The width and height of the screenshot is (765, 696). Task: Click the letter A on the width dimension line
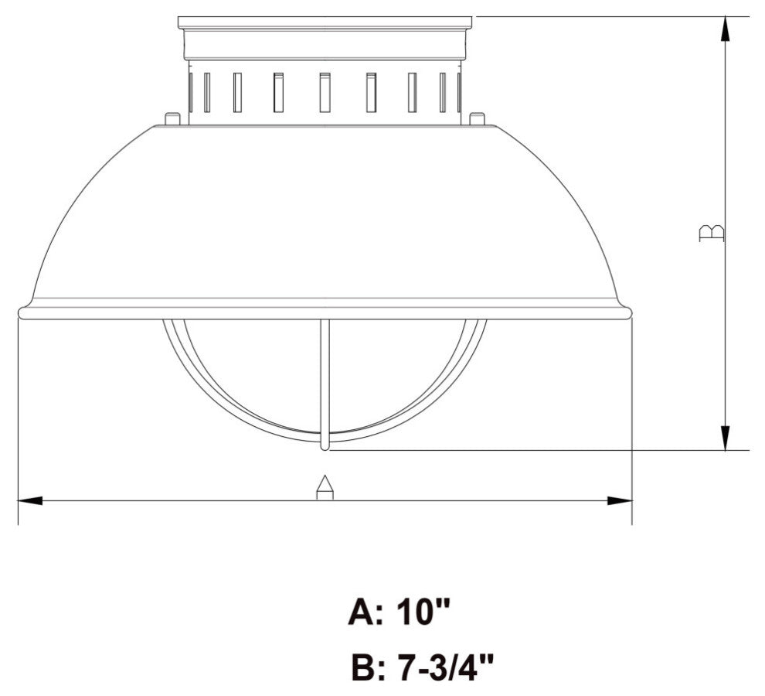click(325, 488)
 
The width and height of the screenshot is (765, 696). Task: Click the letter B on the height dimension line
click(711, 232)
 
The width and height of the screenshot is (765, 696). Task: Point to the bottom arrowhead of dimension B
click(725, 437)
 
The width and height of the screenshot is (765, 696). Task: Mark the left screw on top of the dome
click(172, 118)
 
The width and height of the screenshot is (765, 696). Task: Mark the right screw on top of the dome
click(477, 118)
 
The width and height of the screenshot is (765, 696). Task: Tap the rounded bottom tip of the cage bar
click(325, 445)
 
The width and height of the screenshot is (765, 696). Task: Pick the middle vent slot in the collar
click(325, 93)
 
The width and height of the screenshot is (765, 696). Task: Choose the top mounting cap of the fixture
click(325, 23)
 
